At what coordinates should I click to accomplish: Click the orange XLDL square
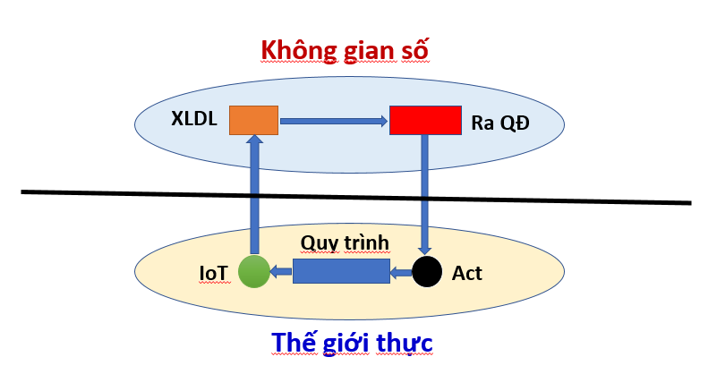(254, 120)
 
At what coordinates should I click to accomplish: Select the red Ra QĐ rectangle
(425, 120)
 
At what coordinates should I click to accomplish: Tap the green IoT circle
(254, 272)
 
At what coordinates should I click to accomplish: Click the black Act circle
(427, 272)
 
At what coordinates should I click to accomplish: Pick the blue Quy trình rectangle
(341, 271)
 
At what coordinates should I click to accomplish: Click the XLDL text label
(194, 119)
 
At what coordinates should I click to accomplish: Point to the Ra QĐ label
(500, 123)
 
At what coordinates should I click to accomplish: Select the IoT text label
(214, 274)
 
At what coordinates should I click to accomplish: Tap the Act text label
(467, 274)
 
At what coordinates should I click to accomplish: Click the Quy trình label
(345, 242)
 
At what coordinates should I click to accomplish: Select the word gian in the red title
(369, 51)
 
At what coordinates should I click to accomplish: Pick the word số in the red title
(414, 49)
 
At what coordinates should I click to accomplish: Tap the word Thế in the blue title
(293, 342)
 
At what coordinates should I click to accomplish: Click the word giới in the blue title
(346, 343)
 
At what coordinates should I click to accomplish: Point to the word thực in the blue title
(405, 343)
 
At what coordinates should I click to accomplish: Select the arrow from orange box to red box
(334, 121)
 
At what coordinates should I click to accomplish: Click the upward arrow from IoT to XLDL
(254, 194)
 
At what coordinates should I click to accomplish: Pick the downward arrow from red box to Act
(425, 195)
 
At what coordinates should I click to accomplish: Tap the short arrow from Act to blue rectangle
(400, 273)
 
